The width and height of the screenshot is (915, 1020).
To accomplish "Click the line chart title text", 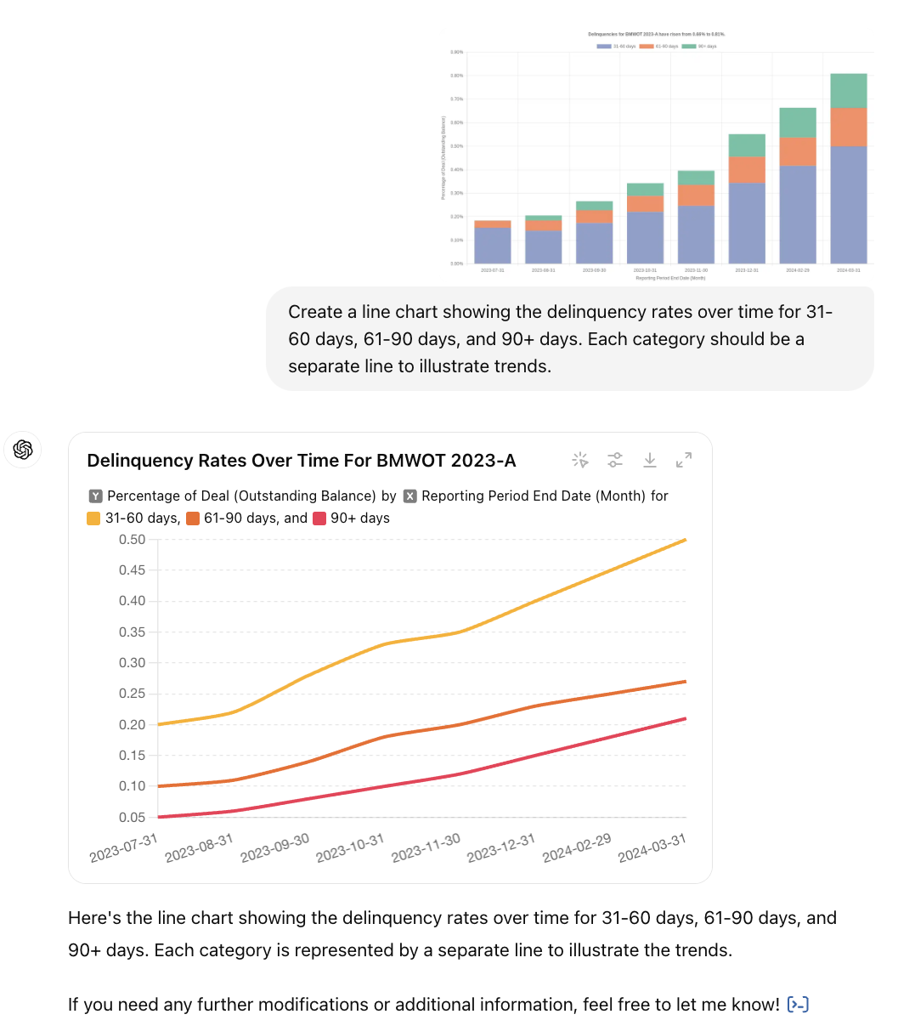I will pos(302,461).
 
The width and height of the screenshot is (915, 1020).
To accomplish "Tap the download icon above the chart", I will pos(650,460).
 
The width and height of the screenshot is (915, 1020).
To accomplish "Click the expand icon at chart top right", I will pos(684,460).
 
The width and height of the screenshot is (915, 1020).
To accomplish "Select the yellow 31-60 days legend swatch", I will pos(93,518).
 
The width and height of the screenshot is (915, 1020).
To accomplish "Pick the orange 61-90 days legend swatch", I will pos(193,518).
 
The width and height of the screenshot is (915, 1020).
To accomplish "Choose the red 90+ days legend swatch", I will pos(319,518).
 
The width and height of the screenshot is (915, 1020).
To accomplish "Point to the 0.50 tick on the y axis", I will pos(132,540).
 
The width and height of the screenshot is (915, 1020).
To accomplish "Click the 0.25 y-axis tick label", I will pos(132,694).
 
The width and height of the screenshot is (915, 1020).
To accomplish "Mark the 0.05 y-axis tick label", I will pos(132,818).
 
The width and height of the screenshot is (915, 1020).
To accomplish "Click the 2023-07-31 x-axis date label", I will pos(124,848).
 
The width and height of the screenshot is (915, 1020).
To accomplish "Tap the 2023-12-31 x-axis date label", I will pos(501,848).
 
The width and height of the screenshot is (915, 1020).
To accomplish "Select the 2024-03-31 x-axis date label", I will pos(652,848).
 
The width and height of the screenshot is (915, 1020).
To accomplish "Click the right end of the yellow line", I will pos(685,540).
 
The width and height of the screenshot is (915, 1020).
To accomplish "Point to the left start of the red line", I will pos(160,817).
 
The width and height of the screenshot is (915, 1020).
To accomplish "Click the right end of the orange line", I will pos(685,682).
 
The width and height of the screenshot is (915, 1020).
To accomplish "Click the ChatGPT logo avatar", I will pos(23,450).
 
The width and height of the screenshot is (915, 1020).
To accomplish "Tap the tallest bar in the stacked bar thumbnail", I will pos(848,170).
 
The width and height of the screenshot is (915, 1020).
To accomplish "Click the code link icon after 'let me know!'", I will pos(798,1005).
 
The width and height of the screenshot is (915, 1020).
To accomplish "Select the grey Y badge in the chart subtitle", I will pos(96,496).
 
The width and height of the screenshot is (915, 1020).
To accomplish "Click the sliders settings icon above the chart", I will pos(615,460).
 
